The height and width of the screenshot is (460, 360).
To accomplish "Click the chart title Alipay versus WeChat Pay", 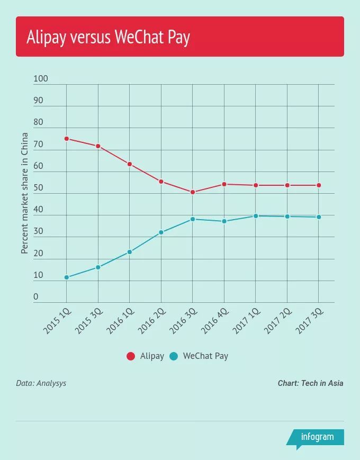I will point(108,38).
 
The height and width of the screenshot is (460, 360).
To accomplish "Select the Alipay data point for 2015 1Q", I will point(67,139).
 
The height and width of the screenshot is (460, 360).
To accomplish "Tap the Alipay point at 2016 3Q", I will point(193,192).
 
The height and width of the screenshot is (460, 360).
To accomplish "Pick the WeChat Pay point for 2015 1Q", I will point(67,277).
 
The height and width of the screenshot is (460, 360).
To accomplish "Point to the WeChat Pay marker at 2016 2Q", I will point(161,232).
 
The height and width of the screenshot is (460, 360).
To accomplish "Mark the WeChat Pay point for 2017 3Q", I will point(319,217).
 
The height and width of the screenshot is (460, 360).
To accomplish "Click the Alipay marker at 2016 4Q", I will point(224,184).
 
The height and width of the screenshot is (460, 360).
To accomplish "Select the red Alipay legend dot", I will point(131,356).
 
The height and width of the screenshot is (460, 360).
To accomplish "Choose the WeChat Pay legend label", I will point(205,356).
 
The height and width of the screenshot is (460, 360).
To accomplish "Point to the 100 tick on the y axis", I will point(41,79).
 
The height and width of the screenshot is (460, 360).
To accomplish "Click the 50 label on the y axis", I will point(38,188).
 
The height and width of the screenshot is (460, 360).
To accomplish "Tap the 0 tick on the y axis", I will point(36,297).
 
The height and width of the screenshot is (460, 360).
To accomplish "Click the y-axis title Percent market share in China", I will point(25,201).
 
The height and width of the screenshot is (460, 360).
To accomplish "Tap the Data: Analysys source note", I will point(41,383).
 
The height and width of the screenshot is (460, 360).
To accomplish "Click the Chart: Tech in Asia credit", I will point(310,383).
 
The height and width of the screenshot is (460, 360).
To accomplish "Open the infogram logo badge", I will point(317,437).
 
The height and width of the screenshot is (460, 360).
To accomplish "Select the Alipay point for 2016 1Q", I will point(130,164).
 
